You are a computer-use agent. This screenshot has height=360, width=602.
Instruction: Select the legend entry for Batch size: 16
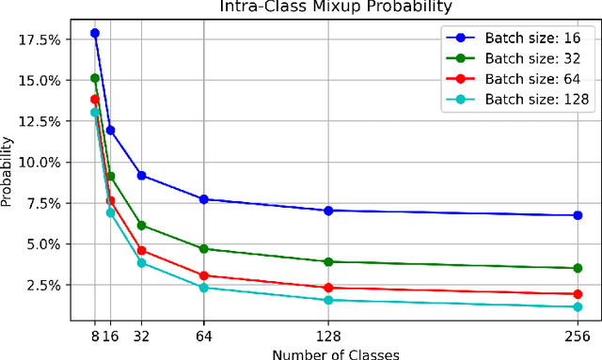coord(531,39)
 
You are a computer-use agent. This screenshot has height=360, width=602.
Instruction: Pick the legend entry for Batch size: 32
coord(531,57)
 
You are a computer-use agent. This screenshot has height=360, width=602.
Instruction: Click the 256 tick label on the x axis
coord(578,334)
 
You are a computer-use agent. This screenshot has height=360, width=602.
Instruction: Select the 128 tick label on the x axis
coord(328,334)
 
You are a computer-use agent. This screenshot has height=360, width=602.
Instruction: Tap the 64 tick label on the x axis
coord(204,334)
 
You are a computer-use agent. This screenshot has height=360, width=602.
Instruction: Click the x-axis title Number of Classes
coord(336,353)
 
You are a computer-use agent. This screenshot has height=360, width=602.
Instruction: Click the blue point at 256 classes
coord(578,215)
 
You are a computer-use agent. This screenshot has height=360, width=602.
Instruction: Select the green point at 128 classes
coord(328,261)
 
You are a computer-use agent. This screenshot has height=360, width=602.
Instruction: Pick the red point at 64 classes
coord(204,275)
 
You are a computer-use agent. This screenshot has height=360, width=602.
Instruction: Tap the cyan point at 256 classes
coord(578,306)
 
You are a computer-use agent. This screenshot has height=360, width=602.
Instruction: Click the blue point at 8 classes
coord(95,33)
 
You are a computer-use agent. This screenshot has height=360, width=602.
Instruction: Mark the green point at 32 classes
coord(142,226)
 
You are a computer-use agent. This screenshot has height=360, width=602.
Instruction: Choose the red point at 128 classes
coord(328,288)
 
